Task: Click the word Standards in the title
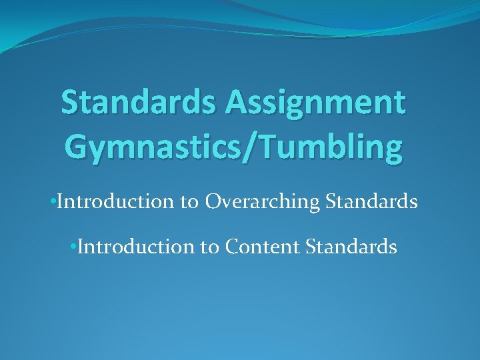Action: (138, 104)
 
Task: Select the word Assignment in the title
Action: (315, 104)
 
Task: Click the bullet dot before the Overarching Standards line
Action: (53, 202)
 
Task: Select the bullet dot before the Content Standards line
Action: (73, 247)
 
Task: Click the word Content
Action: (263, 247)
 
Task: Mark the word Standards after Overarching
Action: (369, 201)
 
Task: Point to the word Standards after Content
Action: (351, 247)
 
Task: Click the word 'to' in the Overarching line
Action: (189, 202)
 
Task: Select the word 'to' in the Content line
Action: (209, 247)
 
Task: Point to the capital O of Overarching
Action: (213, 201)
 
